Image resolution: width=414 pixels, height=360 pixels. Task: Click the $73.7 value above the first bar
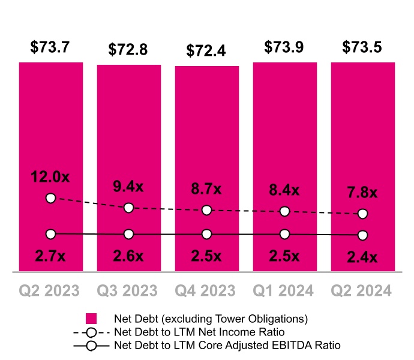(x=50, y=46)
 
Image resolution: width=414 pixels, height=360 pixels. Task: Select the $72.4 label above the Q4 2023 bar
(x=206, y=50)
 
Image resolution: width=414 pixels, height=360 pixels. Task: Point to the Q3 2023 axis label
(x=128, y=291)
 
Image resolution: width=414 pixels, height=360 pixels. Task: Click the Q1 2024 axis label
(x=284, y=291)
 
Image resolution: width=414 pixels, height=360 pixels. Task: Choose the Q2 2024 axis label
(x=362, y=291)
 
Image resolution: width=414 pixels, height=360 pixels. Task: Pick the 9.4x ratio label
(x=128, y=187)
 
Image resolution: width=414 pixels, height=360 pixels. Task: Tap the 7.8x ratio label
(x=362, y=193)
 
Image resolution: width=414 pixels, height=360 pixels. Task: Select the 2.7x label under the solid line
(x=50, y=256)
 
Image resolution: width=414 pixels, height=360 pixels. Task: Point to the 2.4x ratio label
(x=362, y=258)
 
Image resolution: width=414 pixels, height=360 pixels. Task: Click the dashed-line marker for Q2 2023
(x=50, y=198)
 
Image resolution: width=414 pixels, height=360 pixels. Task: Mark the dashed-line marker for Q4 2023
(x=206, y=210)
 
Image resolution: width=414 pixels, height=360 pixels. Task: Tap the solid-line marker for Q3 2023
(x=128, y=234)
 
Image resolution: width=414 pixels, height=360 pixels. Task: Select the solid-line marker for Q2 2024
(x=362, y=235)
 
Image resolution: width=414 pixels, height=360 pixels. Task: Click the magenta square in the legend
(x=91, y=319)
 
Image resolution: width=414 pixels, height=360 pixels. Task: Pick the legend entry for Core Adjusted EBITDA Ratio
(x=227, y=346)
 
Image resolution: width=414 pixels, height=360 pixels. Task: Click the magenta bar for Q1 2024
(x=284, y=150)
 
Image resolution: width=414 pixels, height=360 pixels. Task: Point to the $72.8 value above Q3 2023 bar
(x=128, y=49)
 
